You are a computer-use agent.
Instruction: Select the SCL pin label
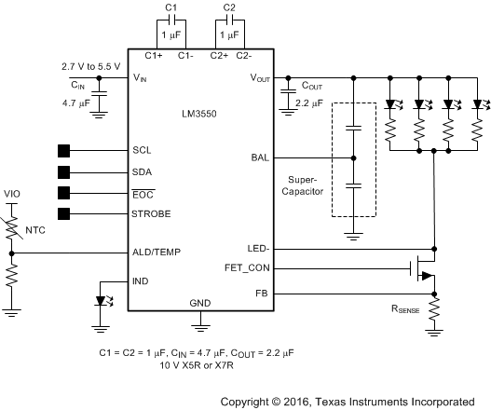(x=143, y=150)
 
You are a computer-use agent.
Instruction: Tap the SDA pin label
(x=143, y=171)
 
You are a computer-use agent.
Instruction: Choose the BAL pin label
(x=262, y=157)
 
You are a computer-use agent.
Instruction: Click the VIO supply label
(x=12, y=194)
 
